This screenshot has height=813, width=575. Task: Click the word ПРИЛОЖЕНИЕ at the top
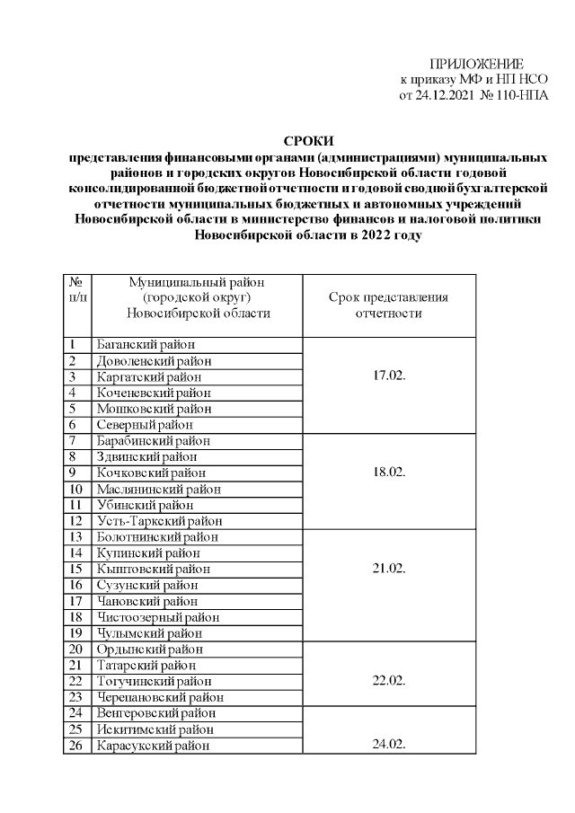tap(476, 63)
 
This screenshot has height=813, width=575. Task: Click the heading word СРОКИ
tap(308, 140)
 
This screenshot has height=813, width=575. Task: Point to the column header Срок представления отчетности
tap(389, 305)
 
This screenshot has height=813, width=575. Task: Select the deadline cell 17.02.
tap(389, 376)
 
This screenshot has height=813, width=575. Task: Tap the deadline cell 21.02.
tap(389, 569)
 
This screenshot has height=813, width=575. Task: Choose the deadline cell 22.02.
tap(389, 681)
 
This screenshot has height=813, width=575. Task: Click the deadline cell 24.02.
tap(389, 745)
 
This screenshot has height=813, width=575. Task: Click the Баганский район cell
tap(146, 345)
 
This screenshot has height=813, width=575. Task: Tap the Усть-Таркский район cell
tap(159, 521)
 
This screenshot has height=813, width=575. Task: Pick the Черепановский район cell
tap(159, 697)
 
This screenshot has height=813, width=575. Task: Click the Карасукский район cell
tap(152, 745)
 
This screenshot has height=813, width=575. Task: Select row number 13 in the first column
tap(76, 537)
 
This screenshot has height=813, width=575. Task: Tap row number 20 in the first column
tap(76, 650)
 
